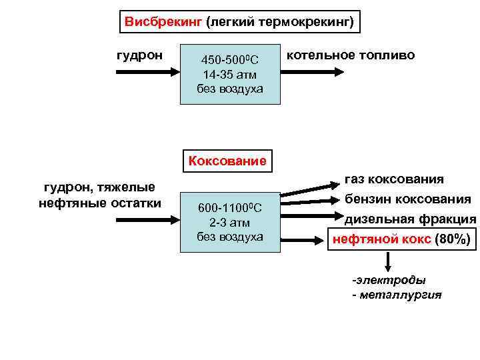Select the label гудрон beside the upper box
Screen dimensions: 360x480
coord(140,55)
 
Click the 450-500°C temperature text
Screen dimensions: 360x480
coord(230,61)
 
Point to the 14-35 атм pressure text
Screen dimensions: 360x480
coord(230,75)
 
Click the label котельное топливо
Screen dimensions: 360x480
coord(351,55)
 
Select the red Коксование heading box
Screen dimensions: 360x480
coord(227,161)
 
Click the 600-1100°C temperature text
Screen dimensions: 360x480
coord(230,209)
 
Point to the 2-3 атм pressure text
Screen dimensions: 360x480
coord(230,223)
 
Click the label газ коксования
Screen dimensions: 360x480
coord(394,179)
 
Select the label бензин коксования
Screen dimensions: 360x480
coord(407,199)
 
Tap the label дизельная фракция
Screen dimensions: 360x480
coord(410,219)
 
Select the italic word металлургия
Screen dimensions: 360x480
coord(400,295)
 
